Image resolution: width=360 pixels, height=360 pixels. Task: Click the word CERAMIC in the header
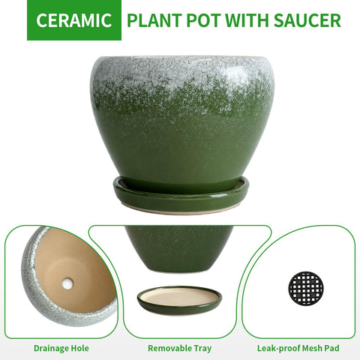click(x=74, y=20)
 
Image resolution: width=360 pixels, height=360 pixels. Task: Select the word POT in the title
click(x=204, y=20)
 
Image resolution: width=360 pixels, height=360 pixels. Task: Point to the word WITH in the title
click(x=247, y=20)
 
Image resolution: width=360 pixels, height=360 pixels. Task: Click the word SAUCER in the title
click(x=307, y=20)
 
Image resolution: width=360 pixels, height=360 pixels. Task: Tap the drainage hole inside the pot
click(x=67, y=283)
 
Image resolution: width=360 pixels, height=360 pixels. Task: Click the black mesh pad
click(x=306, y=288)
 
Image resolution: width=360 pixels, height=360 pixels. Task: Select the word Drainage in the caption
click(x=51, y=348)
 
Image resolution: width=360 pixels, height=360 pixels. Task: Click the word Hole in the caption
click(x=79, y=348)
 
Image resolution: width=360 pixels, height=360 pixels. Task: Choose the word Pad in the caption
click(x=331, y=348)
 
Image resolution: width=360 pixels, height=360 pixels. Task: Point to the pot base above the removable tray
click(x=179, y=249)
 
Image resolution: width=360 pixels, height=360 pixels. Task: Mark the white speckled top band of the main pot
click(x=182, y=75)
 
